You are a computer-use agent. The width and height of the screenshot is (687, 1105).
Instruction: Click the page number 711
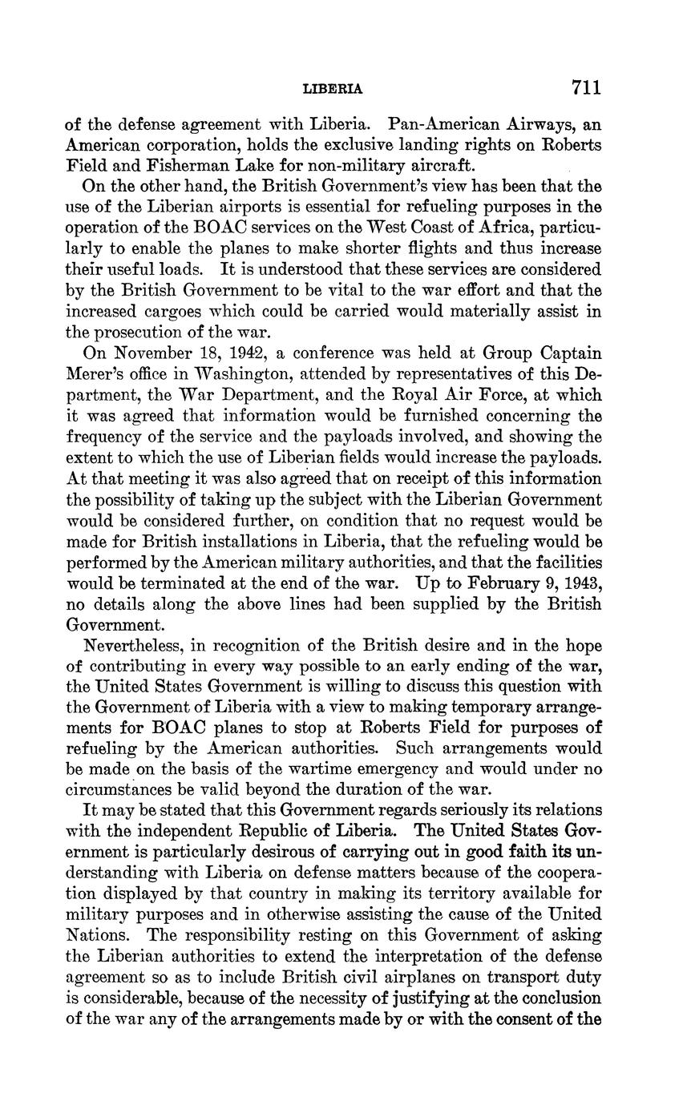pos(586,87)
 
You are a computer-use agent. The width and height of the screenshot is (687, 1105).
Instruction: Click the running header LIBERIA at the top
pos(333,89)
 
